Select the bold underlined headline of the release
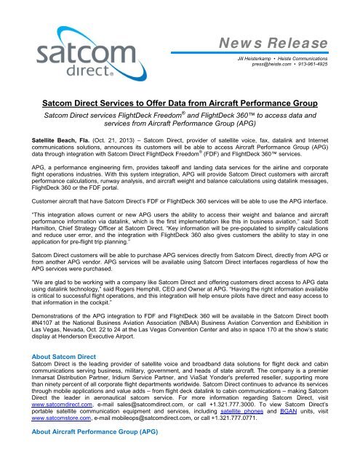(x=180, y=104)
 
